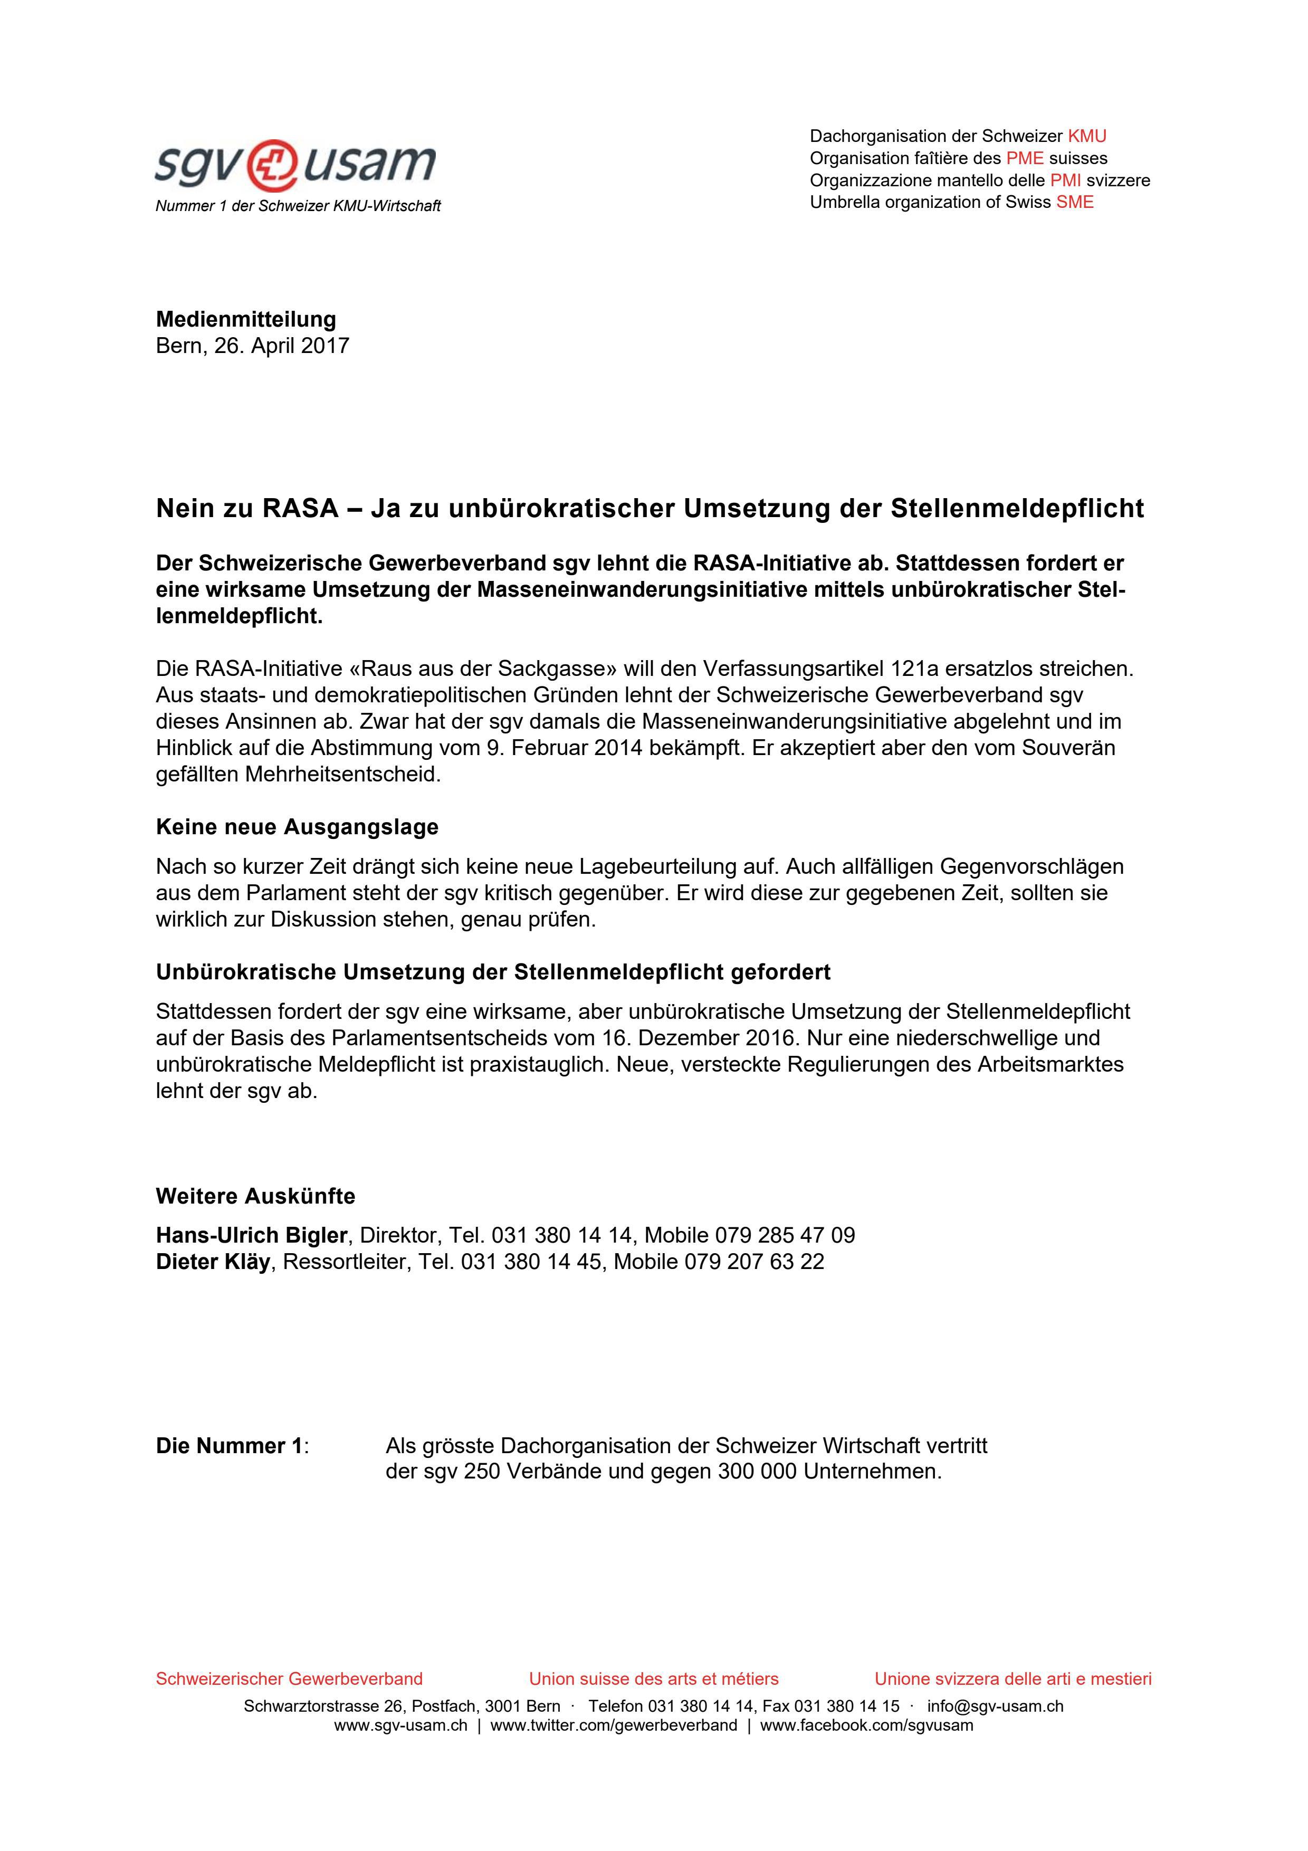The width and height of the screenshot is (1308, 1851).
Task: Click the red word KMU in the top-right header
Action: [1086, 136]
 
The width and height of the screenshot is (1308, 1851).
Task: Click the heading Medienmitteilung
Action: [246, 319]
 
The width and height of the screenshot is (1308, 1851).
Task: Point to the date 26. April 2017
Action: [281, 346]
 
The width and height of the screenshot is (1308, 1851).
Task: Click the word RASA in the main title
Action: [300, 509]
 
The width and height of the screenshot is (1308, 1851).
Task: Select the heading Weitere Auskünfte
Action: [255, 1196]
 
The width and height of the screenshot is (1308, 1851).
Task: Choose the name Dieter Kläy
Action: [213, 1262]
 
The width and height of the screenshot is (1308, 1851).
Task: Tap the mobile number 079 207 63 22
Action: [755, 1262]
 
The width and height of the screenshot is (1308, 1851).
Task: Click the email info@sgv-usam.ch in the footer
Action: [995, 1706]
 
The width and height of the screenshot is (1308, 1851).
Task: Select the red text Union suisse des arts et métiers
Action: [654, 1678]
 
